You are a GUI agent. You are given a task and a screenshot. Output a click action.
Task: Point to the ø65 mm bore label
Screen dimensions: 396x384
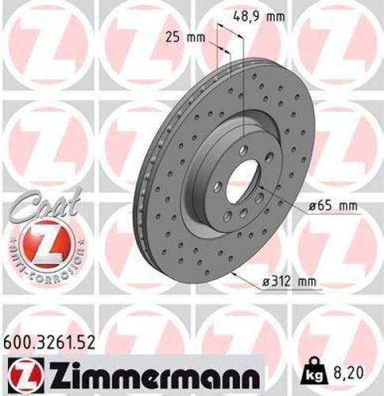pyautogui.click(x=333, y=206)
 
